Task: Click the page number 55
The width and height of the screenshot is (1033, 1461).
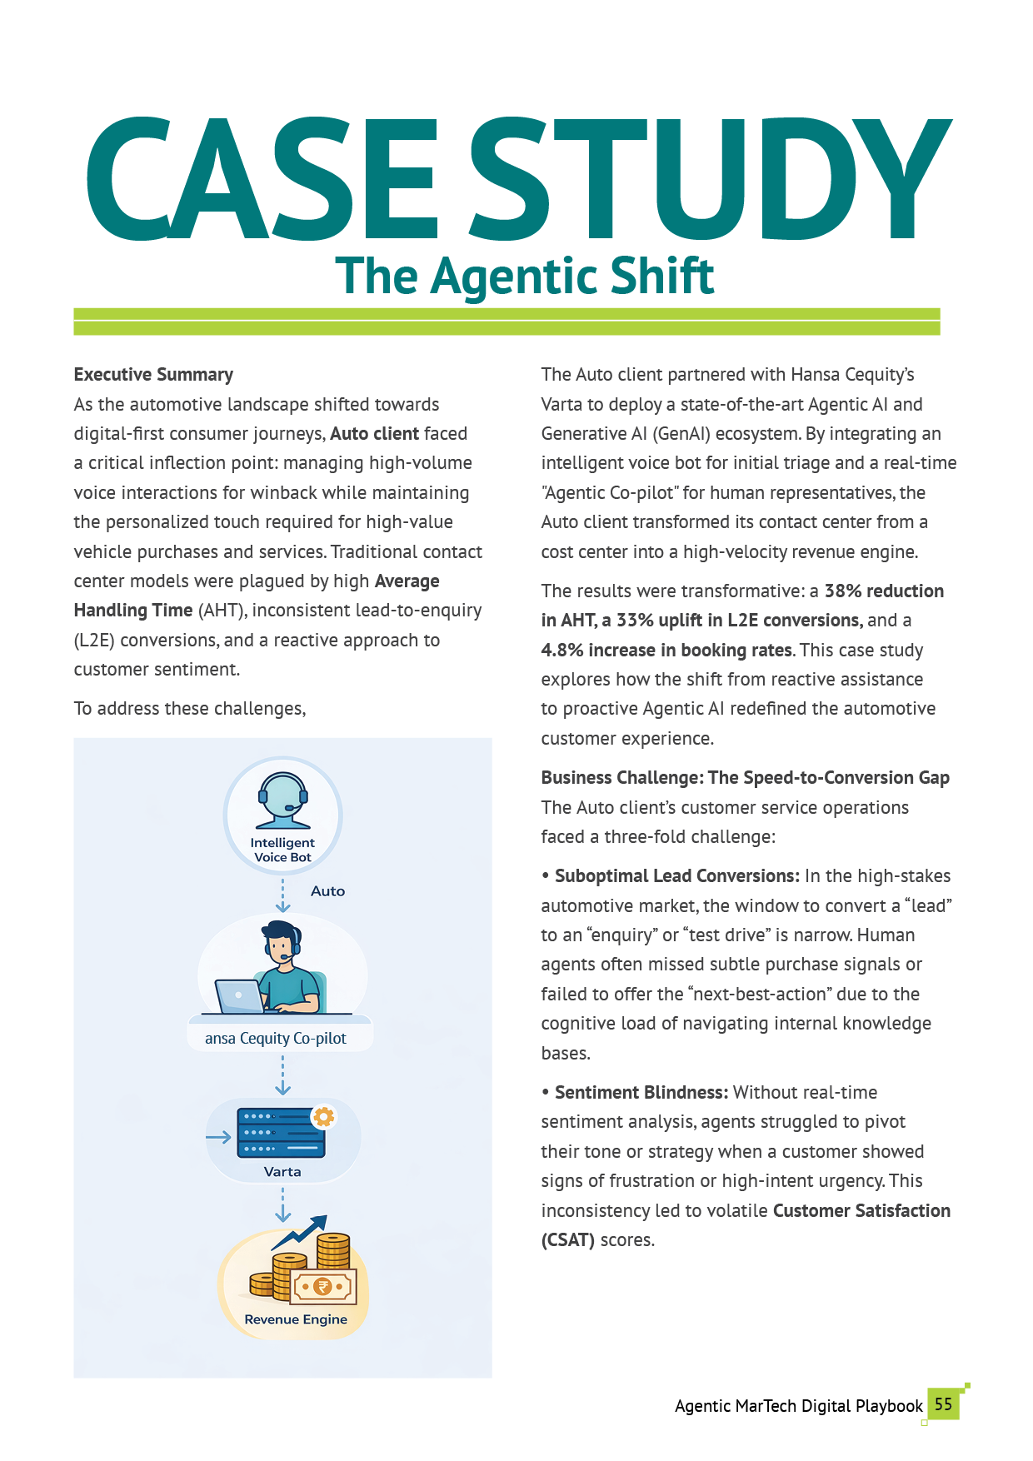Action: [x=943, y=1404]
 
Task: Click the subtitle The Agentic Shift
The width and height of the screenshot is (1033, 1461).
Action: [x=524, y=277]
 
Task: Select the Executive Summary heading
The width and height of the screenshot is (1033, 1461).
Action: [x=153, y=375]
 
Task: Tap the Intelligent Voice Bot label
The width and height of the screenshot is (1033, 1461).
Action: [x=282, y=850]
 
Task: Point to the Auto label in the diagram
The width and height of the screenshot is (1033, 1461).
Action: [x=327, y=891]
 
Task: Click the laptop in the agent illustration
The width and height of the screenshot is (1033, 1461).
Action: [x=238, y=995]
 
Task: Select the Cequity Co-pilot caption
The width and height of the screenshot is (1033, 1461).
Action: [x=276, y=1039]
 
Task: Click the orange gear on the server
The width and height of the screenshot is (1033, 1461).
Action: [x=323, y=1116]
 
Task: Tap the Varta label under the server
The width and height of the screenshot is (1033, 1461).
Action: [x=282, y=1172]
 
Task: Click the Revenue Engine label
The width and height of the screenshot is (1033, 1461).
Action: [x=296, y=1319]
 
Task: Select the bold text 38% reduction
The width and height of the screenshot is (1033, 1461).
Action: [x=884, y=591]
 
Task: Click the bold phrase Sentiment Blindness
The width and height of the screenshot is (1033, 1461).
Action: [x=641, y=1093]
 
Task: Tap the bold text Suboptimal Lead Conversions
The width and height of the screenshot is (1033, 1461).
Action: [x=676, y=876]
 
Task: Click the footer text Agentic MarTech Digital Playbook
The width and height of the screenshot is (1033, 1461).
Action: [x=798, y=1406]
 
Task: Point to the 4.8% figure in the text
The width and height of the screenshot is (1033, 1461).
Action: [x=561, y=651]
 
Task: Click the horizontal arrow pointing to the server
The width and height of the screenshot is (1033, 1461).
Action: [x=218, y=1138]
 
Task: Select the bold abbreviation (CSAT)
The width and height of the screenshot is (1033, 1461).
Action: [x=568, y=1240]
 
